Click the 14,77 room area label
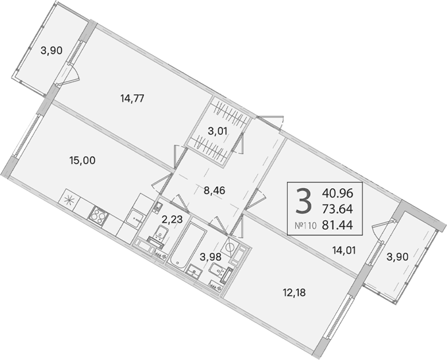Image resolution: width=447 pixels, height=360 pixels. (133, 99)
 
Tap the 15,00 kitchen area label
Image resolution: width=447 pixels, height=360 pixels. (83, 161)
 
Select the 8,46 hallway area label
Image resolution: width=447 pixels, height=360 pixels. (215, 190)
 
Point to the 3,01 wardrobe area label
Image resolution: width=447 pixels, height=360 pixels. (217, 131)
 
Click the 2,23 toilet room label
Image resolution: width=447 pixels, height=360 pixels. (172, 220)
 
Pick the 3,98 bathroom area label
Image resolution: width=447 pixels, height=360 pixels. (211, 257)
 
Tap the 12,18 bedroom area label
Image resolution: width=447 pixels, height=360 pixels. (294, 293)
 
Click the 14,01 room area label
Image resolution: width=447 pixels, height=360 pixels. (344, 250)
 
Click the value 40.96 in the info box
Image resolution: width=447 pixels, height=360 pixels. (337, 194)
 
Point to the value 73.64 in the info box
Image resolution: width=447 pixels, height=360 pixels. (337, 209)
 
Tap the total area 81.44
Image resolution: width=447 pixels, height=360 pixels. (337, 225)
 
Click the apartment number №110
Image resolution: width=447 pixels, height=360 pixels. (305, 226)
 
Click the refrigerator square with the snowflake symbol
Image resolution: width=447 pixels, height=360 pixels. (68, 200)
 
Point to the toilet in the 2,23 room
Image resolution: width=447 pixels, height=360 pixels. (159, 233)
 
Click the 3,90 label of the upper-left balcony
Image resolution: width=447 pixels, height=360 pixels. (52, 51)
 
